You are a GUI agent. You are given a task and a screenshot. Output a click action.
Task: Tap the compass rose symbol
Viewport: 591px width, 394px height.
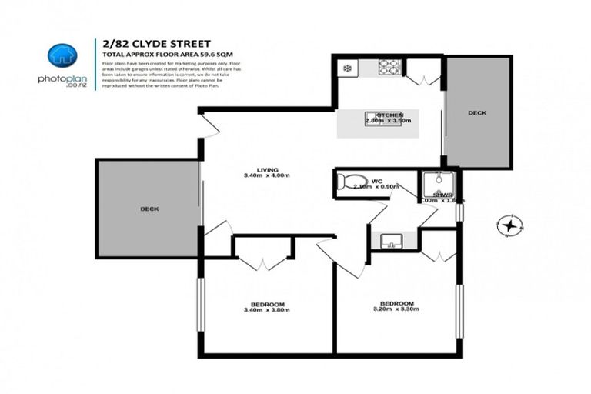[509, 225]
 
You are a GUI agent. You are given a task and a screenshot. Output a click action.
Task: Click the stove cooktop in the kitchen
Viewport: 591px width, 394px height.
[388, 68]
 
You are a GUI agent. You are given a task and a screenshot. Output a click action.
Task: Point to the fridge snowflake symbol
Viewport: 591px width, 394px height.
[348, 68]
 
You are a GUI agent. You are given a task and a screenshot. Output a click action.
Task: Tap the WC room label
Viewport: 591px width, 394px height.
[376, 182]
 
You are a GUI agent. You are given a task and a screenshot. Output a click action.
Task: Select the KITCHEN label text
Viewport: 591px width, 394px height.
[389, 115]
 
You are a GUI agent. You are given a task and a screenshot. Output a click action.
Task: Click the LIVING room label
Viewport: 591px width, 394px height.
[267, 169]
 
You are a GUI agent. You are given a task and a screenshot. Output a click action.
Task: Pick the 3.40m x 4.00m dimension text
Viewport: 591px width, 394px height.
[267, 176]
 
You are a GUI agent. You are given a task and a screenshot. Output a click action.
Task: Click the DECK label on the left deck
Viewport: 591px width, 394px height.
[149, 209]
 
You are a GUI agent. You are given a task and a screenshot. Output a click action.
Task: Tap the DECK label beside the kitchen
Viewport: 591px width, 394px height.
[477, 113]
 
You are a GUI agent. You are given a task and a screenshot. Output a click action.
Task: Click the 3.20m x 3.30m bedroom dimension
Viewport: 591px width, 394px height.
[397, 309]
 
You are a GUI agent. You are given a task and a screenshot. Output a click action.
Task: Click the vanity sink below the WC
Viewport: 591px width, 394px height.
[391, 242]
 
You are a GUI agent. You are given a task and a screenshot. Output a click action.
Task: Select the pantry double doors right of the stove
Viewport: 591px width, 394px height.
[422, 75]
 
